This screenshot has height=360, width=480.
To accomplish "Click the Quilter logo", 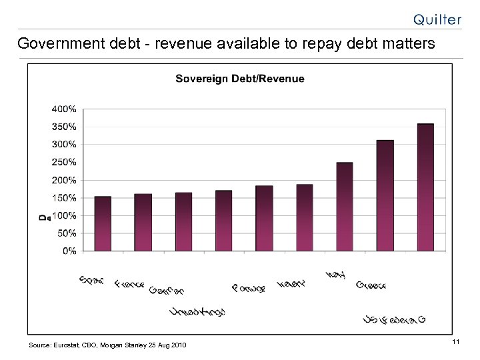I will [437, 19].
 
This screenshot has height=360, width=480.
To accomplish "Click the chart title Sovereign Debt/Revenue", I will [240, 79].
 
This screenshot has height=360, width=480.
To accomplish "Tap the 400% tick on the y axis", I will [64, 108].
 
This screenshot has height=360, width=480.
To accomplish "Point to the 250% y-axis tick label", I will [64, 162].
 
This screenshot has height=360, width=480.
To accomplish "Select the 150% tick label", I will [64, 198].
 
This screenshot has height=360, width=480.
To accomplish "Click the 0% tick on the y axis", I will [69, 251].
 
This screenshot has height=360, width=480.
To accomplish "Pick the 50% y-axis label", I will [67, 233].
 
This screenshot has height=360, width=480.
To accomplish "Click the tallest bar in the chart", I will [425, 187].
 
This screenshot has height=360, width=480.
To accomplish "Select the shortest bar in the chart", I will [103, 223].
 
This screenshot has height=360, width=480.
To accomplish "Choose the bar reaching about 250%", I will [345, 206].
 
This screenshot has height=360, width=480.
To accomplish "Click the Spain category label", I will [91, 280].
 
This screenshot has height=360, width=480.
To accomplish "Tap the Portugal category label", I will [249, 288].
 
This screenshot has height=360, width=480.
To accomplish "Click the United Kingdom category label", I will [197, 311].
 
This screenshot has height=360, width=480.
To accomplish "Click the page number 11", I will [456, 342].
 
